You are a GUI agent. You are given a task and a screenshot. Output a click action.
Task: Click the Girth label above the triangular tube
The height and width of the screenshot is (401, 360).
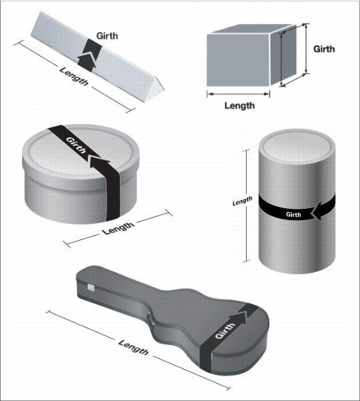pyautogui.click(x=107, y=36)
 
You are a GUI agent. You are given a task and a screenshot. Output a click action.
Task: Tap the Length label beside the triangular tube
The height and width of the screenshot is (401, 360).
pyautogui.click(x=74, y=76)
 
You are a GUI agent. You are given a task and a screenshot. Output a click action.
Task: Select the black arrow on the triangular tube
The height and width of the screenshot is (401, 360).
pyautogui.click(x=89, y=55)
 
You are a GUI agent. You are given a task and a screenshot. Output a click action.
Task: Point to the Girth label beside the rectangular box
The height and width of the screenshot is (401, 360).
pyautogui.click(x=324, y=49)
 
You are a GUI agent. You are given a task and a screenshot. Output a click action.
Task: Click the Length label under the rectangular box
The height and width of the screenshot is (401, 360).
pyautogui.click(x=239, y=105)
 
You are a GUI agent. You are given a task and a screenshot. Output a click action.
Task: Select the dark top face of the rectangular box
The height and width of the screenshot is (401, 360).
pyautogui.click(x=253, y=29)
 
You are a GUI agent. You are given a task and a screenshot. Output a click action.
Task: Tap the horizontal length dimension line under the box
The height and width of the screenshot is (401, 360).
pyautogui.click(x=238, y=94)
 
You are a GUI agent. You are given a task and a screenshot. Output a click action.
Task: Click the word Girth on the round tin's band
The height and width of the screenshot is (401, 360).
pyautogui.click(x=76, y=145)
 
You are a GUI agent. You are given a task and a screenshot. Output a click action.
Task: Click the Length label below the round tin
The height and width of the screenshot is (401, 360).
pyautogui.click(x=118, y=228)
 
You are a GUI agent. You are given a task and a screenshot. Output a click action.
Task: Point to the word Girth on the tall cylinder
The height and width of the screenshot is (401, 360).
pyautogui.click(x=293, y=214)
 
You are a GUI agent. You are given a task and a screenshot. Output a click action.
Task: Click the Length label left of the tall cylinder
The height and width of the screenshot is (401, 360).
pyautogui.click(x=242, y=201)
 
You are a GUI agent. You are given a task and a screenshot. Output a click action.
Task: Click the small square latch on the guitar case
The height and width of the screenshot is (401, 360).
pyautogui.click(x=91, y=288)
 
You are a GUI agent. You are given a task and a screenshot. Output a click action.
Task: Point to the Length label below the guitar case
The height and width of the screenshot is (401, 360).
pyautogui.click(x=133, y=348)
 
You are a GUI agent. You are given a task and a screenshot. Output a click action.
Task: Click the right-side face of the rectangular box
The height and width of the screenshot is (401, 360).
pyautogui.click(x=283, y=55)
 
